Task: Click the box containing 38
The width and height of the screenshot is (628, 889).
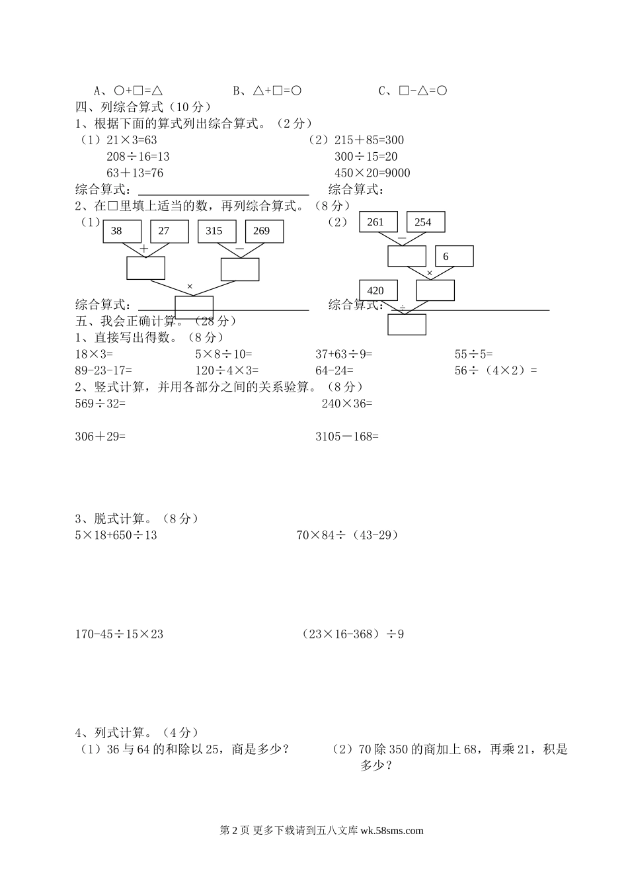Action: [122, 231]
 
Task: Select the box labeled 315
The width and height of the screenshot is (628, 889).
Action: [217, 231]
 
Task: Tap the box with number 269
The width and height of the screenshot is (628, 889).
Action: [264, 231]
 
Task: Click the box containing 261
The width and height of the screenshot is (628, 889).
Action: [378, 222]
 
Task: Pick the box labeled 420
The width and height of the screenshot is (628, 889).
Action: [378, 290]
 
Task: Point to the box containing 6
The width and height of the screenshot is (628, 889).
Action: [454, 256]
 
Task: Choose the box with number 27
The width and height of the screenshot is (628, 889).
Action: [170, 231]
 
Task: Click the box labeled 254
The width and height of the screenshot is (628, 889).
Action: [426, 222]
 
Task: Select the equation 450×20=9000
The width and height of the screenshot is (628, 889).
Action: [372, 173]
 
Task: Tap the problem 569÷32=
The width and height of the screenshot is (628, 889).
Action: [100, 403]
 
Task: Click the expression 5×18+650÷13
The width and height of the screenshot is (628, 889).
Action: [116, 535]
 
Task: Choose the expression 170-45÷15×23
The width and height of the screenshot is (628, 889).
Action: [119, 634]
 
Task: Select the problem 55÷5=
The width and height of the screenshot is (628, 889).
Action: [473, 354]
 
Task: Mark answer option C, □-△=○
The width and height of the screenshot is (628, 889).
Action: [413, 91]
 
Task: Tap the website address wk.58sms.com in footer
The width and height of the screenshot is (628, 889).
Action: [392, 831]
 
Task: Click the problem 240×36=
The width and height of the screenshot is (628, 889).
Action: [347, 403]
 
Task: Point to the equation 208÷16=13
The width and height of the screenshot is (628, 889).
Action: [137, 157]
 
